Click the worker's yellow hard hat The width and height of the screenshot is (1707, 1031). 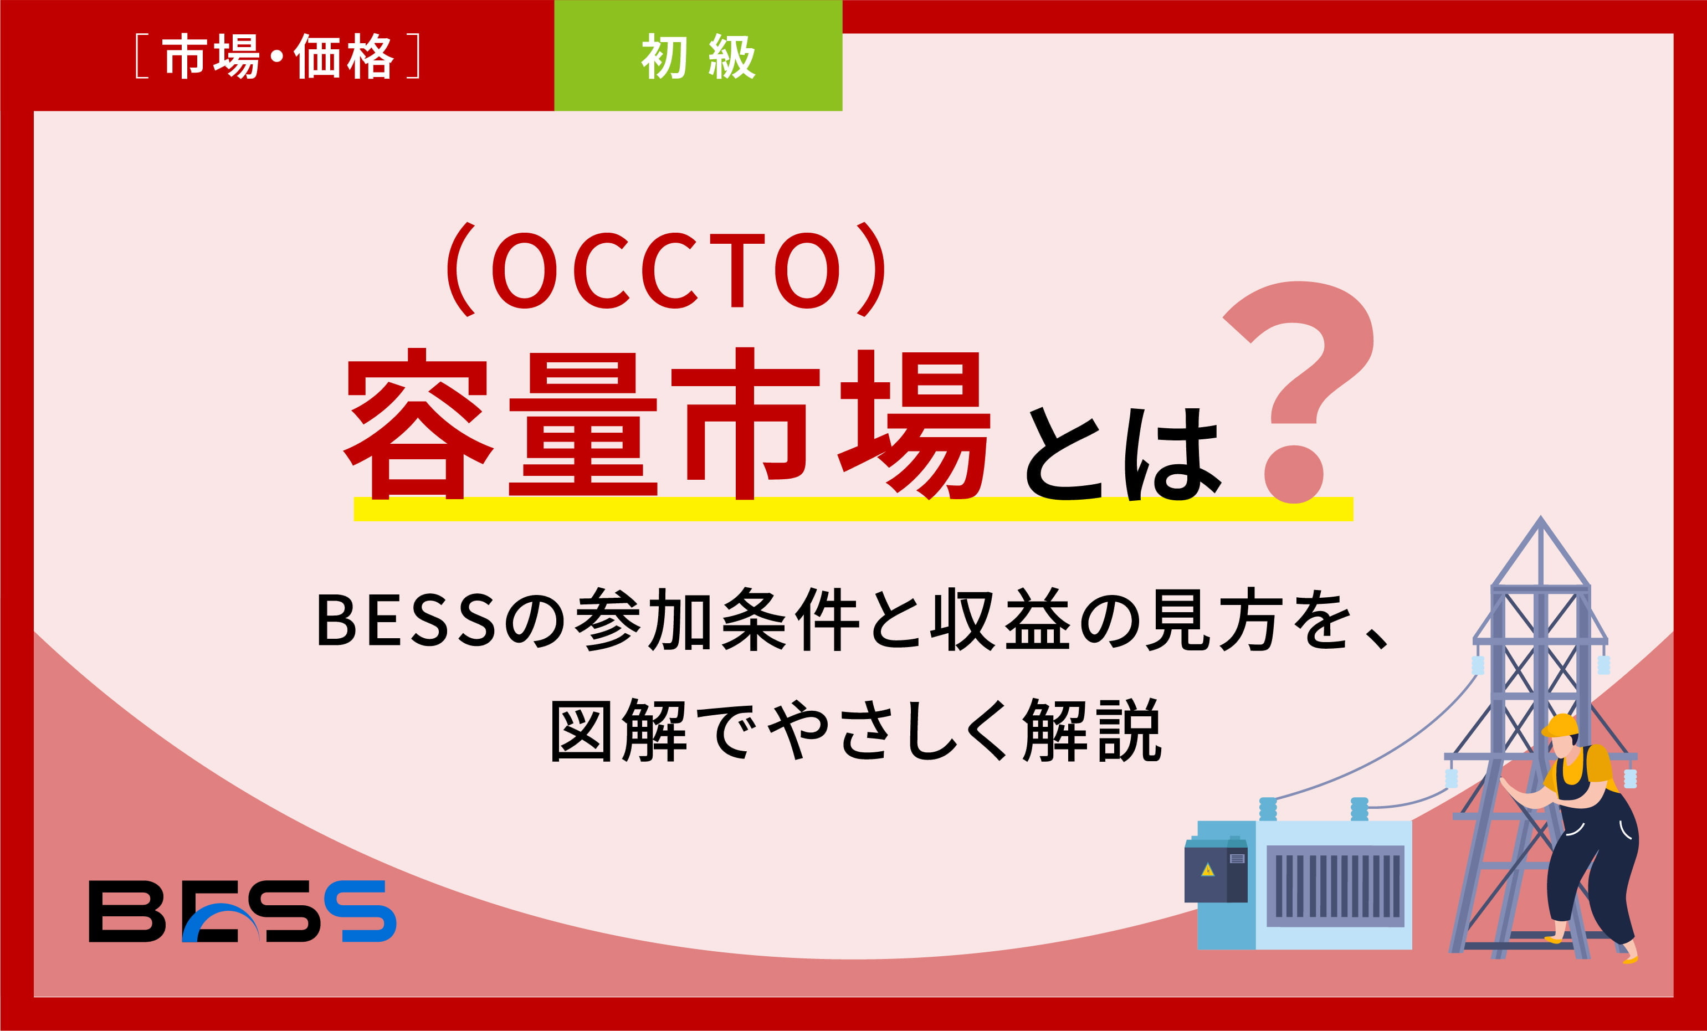coord(1560,726)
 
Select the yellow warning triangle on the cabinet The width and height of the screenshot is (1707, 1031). coord(1207,870)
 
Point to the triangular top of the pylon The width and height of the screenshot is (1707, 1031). coord(1540,555)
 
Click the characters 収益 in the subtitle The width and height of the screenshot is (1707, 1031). coord(1001,619)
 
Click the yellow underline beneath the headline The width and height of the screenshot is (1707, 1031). coord(852,509)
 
